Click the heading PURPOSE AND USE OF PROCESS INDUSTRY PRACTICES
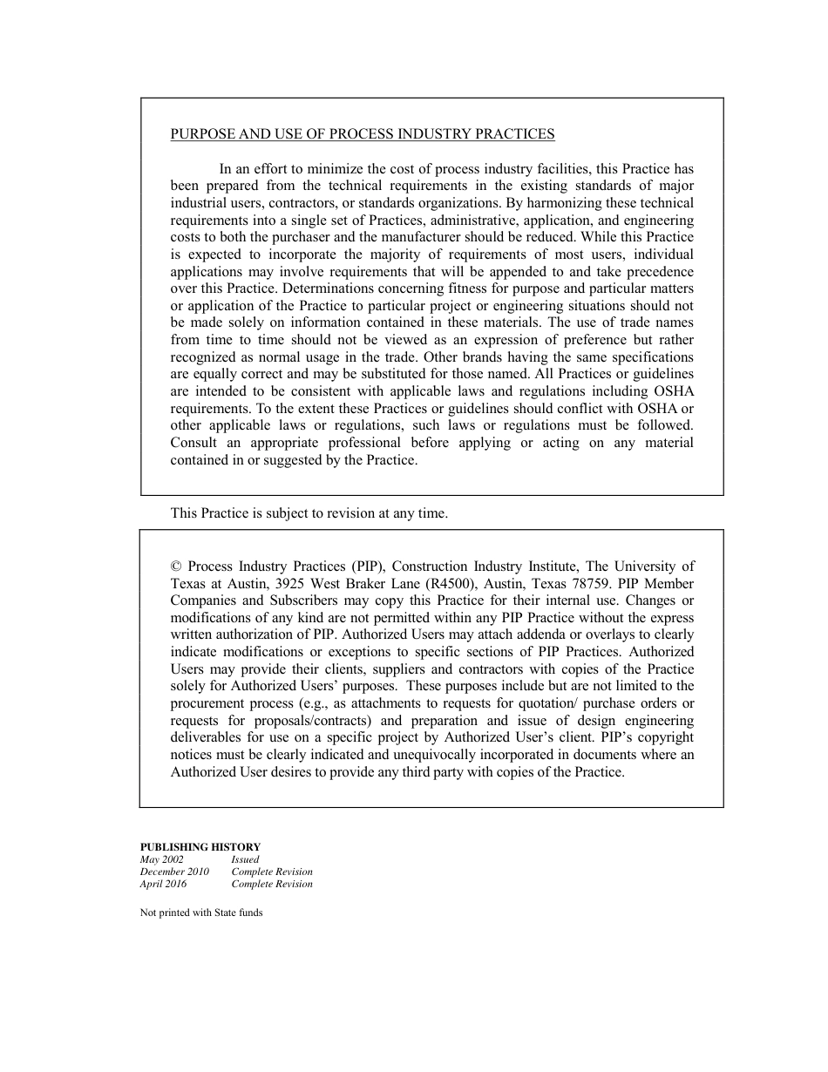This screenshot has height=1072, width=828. [x=362, y=134]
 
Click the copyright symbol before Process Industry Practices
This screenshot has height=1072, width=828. [x=175, y=567]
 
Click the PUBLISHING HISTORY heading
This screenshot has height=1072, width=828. [x=200, y=846]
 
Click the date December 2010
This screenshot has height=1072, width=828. [x=173, y=872]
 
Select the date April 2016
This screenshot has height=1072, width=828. [x=163, y=884]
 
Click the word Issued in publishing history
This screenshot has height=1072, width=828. [x=245, y=859]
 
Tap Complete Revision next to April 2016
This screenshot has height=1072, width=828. [x=271, y=884]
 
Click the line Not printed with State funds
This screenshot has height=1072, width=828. [x=200, y=913]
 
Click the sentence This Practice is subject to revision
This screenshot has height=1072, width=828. [x=309, y=513]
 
